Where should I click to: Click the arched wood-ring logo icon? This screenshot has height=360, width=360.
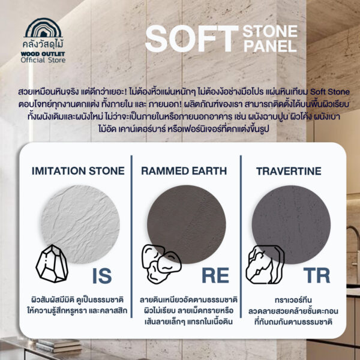[43, 28]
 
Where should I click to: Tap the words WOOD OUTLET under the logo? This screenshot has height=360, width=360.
[43, 54]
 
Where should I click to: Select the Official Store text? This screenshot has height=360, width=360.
[43, 60]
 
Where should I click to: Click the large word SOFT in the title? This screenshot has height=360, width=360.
[192, 38]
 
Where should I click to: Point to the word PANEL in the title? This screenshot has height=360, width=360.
[270, 46]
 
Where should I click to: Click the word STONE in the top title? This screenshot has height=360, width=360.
[270, 31]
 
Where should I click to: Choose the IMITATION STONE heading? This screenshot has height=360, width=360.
[78, 171]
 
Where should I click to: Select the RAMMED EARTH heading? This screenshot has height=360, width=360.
[184, 171]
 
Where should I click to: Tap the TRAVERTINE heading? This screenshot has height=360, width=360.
[289, 171]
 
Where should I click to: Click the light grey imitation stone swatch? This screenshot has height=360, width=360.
[80, 224]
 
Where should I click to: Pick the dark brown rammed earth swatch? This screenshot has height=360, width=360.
[187, 224]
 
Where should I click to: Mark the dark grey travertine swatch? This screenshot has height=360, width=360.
[291, 224]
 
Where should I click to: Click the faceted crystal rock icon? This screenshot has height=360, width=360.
[52, 263]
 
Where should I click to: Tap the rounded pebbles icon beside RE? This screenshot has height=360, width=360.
[161, 264]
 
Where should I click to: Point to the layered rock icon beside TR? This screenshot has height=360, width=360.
[265, 265]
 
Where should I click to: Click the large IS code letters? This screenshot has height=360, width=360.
[102, 276]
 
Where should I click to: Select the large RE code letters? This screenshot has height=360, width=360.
[215, 275]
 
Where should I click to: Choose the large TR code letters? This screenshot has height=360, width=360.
[317, 275]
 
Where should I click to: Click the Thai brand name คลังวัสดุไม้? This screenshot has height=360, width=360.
[43, 44]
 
